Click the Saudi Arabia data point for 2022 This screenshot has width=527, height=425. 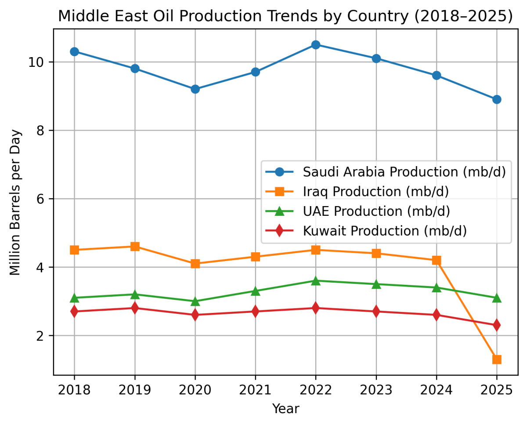[x=315, y=45]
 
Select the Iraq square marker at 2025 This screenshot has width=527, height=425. [x=497, y=360]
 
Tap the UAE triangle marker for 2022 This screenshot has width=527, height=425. [x=315, y=281]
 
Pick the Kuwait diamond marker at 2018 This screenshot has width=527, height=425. [x=74, y=312]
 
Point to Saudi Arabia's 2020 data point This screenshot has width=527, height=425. [x=195, y=89]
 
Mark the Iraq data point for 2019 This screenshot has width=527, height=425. [x=135, y=247]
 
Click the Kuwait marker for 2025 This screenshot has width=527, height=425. [x=497, y=325]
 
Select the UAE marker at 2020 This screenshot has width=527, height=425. [x=195, y=301]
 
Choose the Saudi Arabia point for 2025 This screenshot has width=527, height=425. [x=497, y=99]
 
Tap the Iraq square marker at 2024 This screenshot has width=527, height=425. [x=436, y=260]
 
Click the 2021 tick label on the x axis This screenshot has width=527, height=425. [x=255, y=390]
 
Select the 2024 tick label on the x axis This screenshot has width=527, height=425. [x=436, y=390]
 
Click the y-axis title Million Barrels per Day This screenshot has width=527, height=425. [x=16, y=202]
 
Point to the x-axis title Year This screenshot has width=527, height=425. [x=285, y=409]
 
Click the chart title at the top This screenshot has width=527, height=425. [x=285, y=16]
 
